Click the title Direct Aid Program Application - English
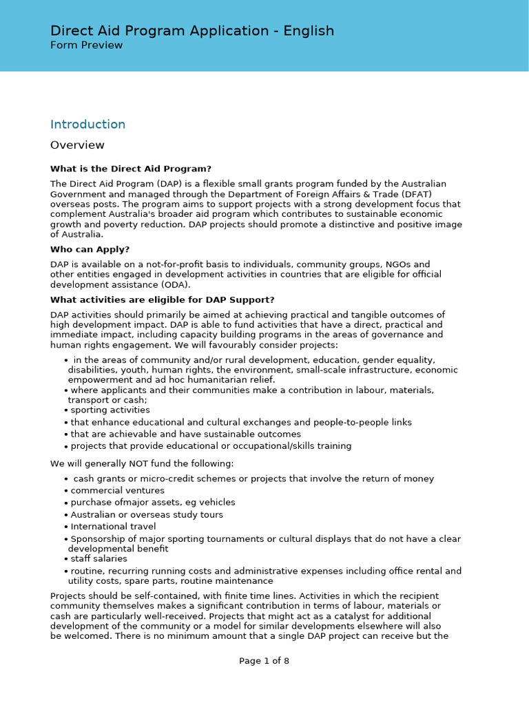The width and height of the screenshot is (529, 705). [191, 31]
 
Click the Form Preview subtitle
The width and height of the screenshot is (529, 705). [86, 45]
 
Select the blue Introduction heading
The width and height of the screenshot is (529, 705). [87, 125]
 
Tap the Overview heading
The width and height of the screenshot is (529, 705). [77, 145]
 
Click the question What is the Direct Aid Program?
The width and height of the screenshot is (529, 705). [130, 169]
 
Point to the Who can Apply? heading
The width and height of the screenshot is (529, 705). [90, 249]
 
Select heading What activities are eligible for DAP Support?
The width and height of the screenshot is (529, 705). [162, 299]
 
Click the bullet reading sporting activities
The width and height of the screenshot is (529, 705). [110, 410]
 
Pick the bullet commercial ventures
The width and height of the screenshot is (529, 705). [117, 491]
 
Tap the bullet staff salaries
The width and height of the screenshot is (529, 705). [98, 559]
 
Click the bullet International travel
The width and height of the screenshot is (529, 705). [114, 527]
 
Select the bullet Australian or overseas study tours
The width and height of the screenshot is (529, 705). [147, 515]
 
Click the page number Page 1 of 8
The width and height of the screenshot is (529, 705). [264, 661]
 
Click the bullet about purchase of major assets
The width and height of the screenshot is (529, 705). [152, 503]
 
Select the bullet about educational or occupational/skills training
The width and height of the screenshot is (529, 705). [211, 446]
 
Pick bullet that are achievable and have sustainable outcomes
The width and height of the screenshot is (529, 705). [185, 434]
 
